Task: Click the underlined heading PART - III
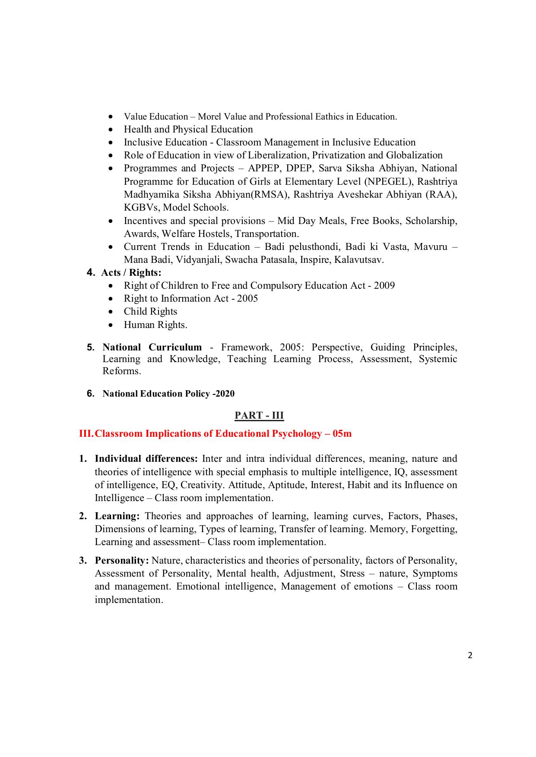[259, 415]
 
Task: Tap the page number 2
[470, 656]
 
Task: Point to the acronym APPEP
[264, 168]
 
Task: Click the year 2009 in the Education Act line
[384, 286]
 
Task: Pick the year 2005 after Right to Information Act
[247, 299]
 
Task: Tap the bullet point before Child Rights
[112, 312]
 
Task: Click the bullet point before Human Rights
[112, 325]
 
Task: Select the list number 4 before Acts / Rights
[90, 272]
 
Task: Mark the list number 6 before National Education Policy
[90, 393]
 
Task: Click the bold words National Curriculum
[152, 347]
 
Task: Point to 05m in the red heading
[342, 434]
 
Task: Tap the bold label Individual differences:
[146, 459]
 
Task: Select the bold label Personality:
[122, 561]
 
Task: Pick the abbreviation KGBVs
[142, 208]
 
